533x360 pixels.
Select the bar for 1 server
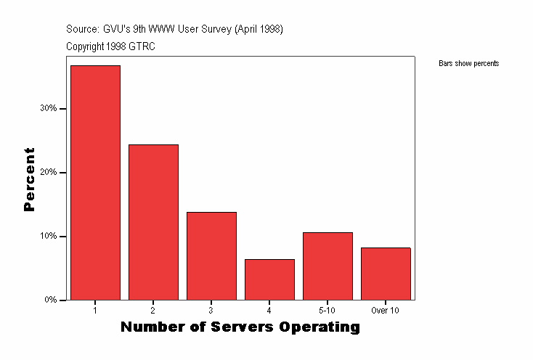95,182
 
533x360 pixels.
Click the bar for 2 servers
153,222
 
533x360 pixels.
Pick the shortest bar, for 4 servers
269,279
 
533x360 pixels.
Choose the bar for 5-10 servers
327,266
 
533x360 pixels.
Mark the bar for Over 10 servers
386,274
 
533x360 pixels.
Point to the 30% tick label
49,109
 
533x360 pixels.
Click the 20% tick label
49,173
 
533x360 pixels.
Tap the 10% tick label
49,237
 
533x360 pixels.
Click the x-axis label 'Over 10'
386,311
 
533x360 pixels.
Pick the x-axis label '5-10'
327,311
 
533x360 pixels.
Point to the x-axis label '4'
269,311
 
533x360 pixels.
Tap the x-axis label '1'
95,311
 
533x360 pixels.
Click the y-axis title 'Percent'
29,179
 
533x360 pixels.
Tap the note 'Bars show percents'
469,64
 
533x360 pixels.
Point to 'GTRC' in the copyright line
142,46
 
